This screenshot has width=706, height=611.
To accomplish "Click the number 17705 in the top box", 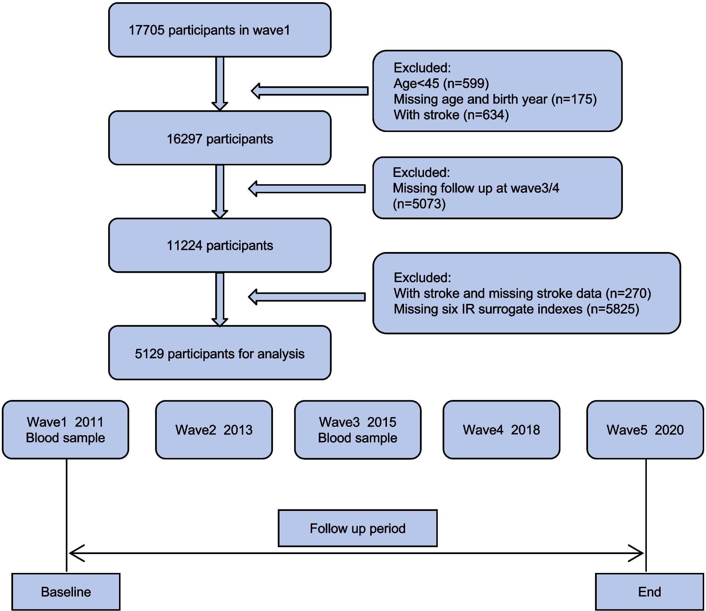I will [147, 30].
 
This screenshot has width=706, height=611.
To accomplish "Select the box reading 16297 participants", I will [220, 139].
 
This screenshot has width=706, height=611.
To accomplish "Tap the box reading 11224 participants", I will [220, 245].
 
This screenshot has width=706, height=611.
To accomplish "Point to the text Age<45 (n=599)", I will [441, 83].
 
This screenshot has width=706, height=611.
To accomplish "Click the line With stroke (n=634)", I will [451, 115].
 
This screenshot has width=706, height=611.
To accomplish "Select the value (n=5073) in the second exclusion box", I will [419, 204].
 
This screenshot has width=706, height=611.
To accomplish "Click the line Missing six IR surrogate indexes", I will [516, 309].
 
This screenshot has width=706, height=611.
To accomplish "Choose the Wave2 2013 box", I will [214, 430].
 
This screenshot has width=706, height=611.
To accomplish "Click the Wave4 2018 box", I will [501, 430].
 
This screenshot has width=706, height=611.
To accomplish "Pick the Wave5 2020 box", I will [645, 430].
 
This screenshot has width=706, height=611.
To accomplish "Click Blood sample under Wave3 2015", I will [358, 438].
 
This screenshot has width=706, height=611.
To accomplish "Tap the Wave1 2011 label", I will [65, 422].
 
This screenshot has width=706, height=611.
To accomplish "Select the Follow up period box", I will [358, 528].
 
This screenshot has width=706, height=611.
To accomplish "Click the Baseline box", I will [66, 591].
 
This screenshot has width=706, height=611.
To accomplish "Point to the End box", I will [649, 591].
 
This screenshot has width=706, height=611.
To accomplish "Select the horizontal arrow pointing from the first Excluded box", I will [310, 91].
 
